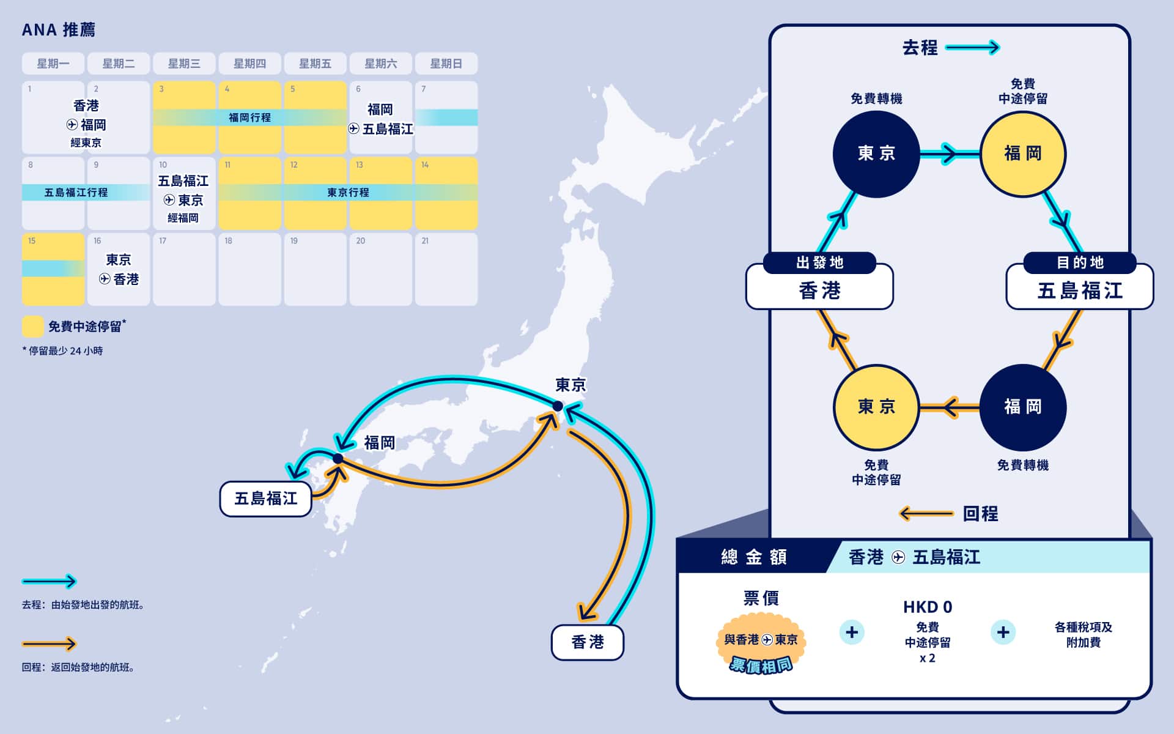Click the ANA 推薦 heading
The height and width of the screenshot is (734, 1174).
[59, 29]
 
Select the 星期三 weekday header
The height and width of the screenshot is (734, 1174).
[184, 64]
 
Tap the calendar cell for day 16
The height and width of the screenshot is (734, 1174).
[119, 269]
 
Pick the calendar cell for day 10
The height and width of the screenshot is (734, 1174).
[184, 193]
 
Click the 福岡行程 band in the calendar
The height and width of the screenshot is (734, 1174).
[249, 117]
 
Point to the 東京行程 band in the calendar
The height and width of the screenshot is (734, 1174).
[348, 192]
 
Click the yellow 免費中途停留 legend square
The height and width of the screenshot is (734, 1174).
[32, 327]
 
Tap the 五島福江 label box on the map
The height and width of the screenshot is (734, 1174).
[266, 499]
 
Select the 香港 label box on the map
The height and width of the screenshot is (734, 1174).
[588, 642]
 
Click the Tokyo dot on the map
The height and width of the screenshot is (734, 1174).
[558, 406]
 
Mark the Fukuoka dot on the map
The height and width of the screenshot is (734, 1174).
[338, 459]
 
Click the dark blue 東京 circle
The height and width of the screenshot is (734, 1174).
[876, 154]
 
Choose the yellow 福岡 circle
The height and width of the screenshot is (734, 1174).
[1023, 154]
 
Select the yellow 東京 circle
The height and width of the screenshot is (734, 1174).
[876, 407]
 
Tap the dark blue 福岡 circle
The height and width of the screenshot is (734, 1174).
[1023, 407]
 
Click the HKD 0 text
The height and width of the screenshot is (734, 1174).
[928, 607]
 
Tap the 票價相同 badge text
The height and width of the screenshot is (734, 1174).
[761, 664]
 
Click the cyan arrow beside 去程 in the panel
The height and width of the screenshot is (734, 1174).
[972, 47]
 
